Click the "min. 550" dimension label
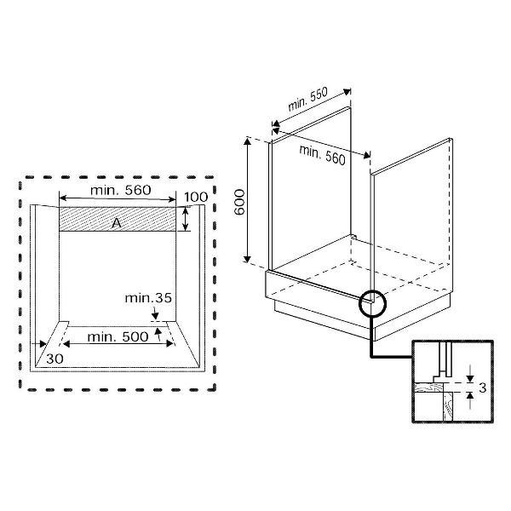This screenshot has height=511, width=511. tap(308, 99)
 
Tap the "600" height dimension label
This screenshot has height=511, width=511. tap(239, 202)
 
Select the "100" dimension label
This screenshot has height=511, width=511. tap(196, 198)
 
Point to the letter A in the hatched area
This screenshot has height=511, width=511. tap(117, 223)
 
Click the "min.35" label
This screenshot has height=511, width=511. tap(148, 298)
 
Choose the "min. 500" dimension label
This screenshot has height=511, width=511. tap(118, 337)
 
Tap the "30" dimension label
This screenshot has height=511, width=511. tap(55, 359)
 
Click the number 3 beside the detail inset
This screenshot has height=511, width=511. tap(483, 388)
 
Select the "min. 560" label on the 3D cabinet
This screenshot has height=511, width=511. tap(322, 155)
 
